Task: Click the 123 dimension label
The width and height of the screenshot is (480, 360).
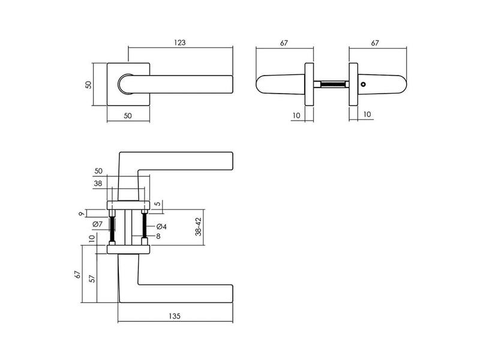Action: (179, 43)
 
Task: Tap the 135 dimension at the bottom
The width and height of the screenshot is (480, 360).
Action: (175, 316)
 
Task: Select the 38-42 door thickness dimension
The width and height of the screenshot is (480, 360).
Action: (199, 227)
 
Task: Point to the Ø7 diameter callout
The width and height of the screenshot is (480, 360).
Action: (97, 224)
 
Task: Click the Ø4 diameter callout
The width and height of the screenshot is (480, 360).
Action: (161, 227)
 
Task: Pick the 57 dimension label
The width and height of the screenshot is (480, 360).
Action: (92, 278)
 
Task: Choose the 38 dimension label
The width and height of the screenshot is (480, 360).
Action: (98, 184)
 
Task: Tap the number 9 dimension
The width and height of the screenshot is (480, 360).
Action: (82, 214)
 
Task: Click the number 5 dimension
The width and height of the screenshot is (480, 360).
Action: (157, 203)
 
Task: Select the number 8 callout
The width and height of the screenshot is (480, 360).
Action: (158, 236)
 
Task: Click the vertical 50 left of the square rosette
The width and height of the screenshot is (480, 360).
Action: (88, 85)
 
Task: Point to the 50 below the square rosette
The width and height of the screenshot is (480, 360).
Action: (128, 116)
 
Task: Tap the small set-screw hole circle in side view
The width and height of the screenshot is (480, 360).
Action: (363, 84)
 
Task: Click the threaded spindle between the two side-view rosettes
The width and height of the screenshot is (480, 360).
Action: (332, 84)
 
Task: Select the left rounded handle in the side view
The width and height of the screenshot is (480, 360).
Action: (280, 84)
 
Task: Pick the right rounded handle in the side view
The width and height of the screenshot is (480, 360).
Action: (382, 84)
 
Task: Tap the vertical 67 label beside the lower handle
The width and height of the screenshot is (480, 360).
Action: (78, 274)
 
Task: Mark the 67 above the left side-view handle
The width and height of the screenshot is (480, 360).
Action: (284, 43)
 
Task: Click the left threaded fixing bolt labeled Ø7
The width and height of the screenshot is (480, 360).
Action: (112, 227)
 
